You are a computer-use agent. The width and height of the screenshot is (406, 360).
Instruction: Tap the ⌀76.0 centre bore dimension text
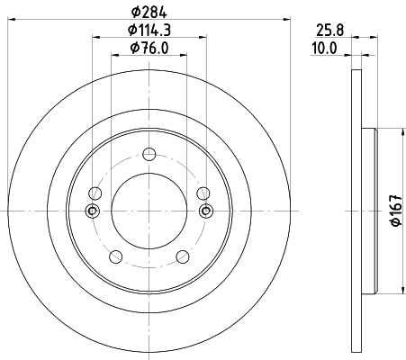pos(149,49)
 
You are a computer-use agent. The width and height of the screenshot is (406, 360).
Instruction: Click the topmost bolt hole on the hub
pos(149,153)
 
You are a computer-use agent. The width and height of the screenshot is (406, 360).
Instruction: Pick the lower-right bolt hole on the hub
pos(183,254)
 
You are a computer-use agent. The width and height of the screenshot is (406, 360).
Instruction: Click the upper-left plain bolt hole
pos(95,192)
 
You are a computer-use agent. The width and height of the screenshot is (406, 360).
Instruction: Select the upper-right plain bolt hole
pos(203,192)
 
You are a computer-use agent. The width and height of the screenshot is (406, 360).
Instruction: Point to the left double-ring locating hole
pos(91,211)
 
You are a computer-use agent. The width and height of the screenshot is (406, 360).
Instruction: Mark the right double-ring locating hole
pos(206,211)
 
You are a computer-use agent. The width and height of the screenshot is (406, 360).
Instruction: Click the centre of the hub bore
pos(149,211)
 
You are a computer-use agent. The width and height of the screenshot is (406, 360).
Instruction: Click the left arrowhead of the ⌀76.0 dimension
pos(114,55)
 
